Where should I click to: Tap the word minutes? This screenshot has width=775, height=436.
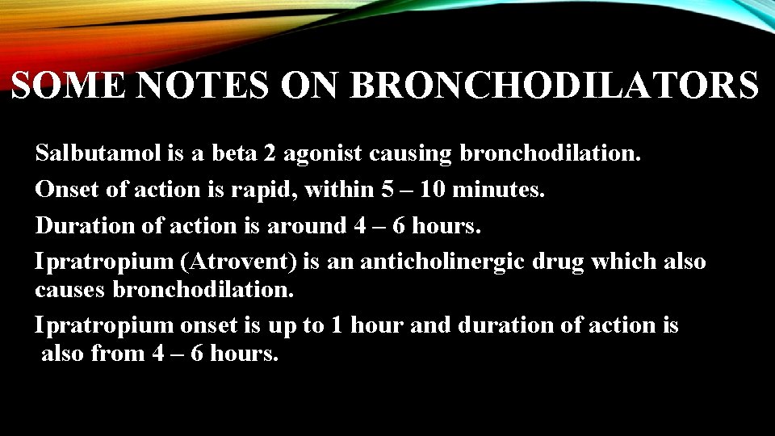pos(499,190)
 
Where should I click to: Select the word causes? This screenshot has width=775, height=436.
pos(71,289)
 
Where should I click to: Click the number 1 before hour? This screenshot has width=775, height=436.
pos(340,325)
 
